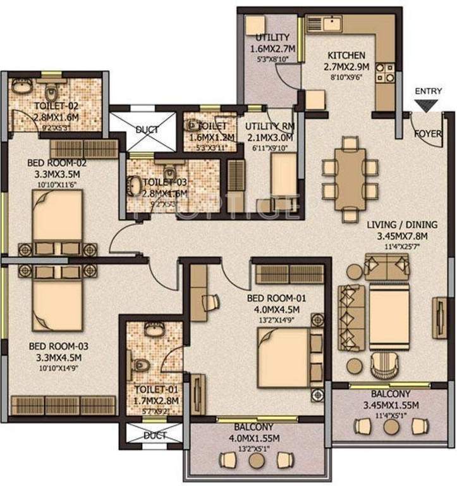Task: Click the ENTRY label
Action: [428, 91]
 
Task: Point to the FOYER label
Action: [428, 134]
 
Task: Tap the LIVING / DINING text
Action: [402, 225]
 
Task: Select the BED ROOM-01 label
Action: [274, 298]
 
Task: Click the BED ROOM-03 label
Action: [58, 346]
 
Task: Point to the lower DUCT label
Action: [154, 435]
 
